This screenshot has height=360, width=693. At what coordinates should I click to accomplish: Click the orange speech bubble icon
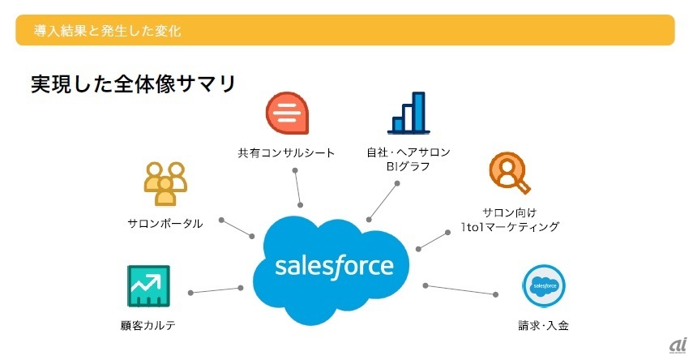click(287, 113)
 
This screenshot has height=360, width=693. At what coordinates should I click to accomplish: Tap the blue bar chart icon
click(409, 113)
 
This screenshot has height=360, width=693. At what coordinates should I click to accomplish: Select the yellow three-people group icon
click(165, 183)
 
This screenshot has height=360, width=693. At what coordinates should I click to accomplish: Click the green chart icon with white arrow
click(148, 286)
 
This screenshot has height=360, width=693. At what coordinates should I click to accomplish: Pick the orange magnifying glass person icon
click(510, 173)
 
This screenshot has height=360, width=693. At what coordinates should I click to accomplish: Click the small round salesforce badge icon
click(544, 285)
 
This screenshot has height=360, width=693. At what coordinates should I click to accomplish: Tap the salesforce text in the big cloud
click(334, 266)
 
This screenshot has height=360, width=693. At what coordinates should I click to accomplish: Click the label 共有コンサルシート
click(286, 153)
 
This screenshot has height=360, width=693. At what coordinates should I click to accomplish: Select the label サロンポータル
click(165, 223)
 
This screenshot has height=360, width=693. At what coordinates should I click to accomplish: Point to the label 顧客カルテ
click(148, 325)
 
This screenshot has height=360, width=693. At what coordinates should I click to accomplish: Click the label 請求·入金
click(543, 325)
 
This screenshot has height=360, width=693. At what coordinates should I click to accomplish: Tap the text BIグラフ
click(408, 167)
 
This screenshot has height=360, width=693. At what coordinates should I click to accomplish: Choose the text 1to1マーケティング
click(510, 227)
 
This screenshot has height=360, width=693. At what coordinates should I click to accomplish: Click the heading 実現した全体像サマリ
click(134, 84)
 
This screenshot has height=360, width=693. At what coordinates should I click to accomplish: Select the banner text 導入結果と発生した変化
click(108, 31)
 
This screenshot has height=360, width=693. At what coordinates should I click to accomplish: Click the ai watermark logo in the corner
click(678, 346)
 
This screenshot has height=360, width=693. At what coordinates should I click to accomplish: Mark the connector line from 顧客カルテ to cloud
click(216, 290)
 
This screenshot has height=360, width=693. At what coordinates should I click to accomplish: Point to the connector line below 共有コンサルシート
click(297, 187)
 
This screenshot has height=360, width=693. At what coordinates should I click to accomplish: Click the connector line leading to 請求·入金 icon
click(460, 290)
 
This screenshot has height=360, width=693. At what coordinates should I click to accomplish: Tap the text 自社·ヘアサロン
click(409, 152)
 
